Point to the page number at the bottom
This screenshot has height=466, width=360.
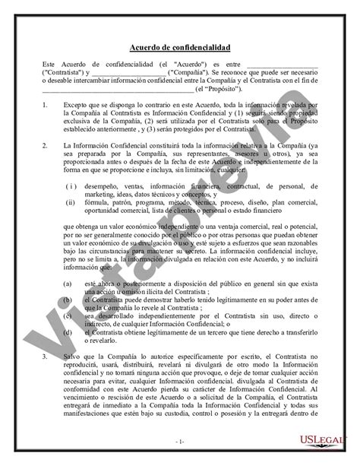click(x=179, y=441)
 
